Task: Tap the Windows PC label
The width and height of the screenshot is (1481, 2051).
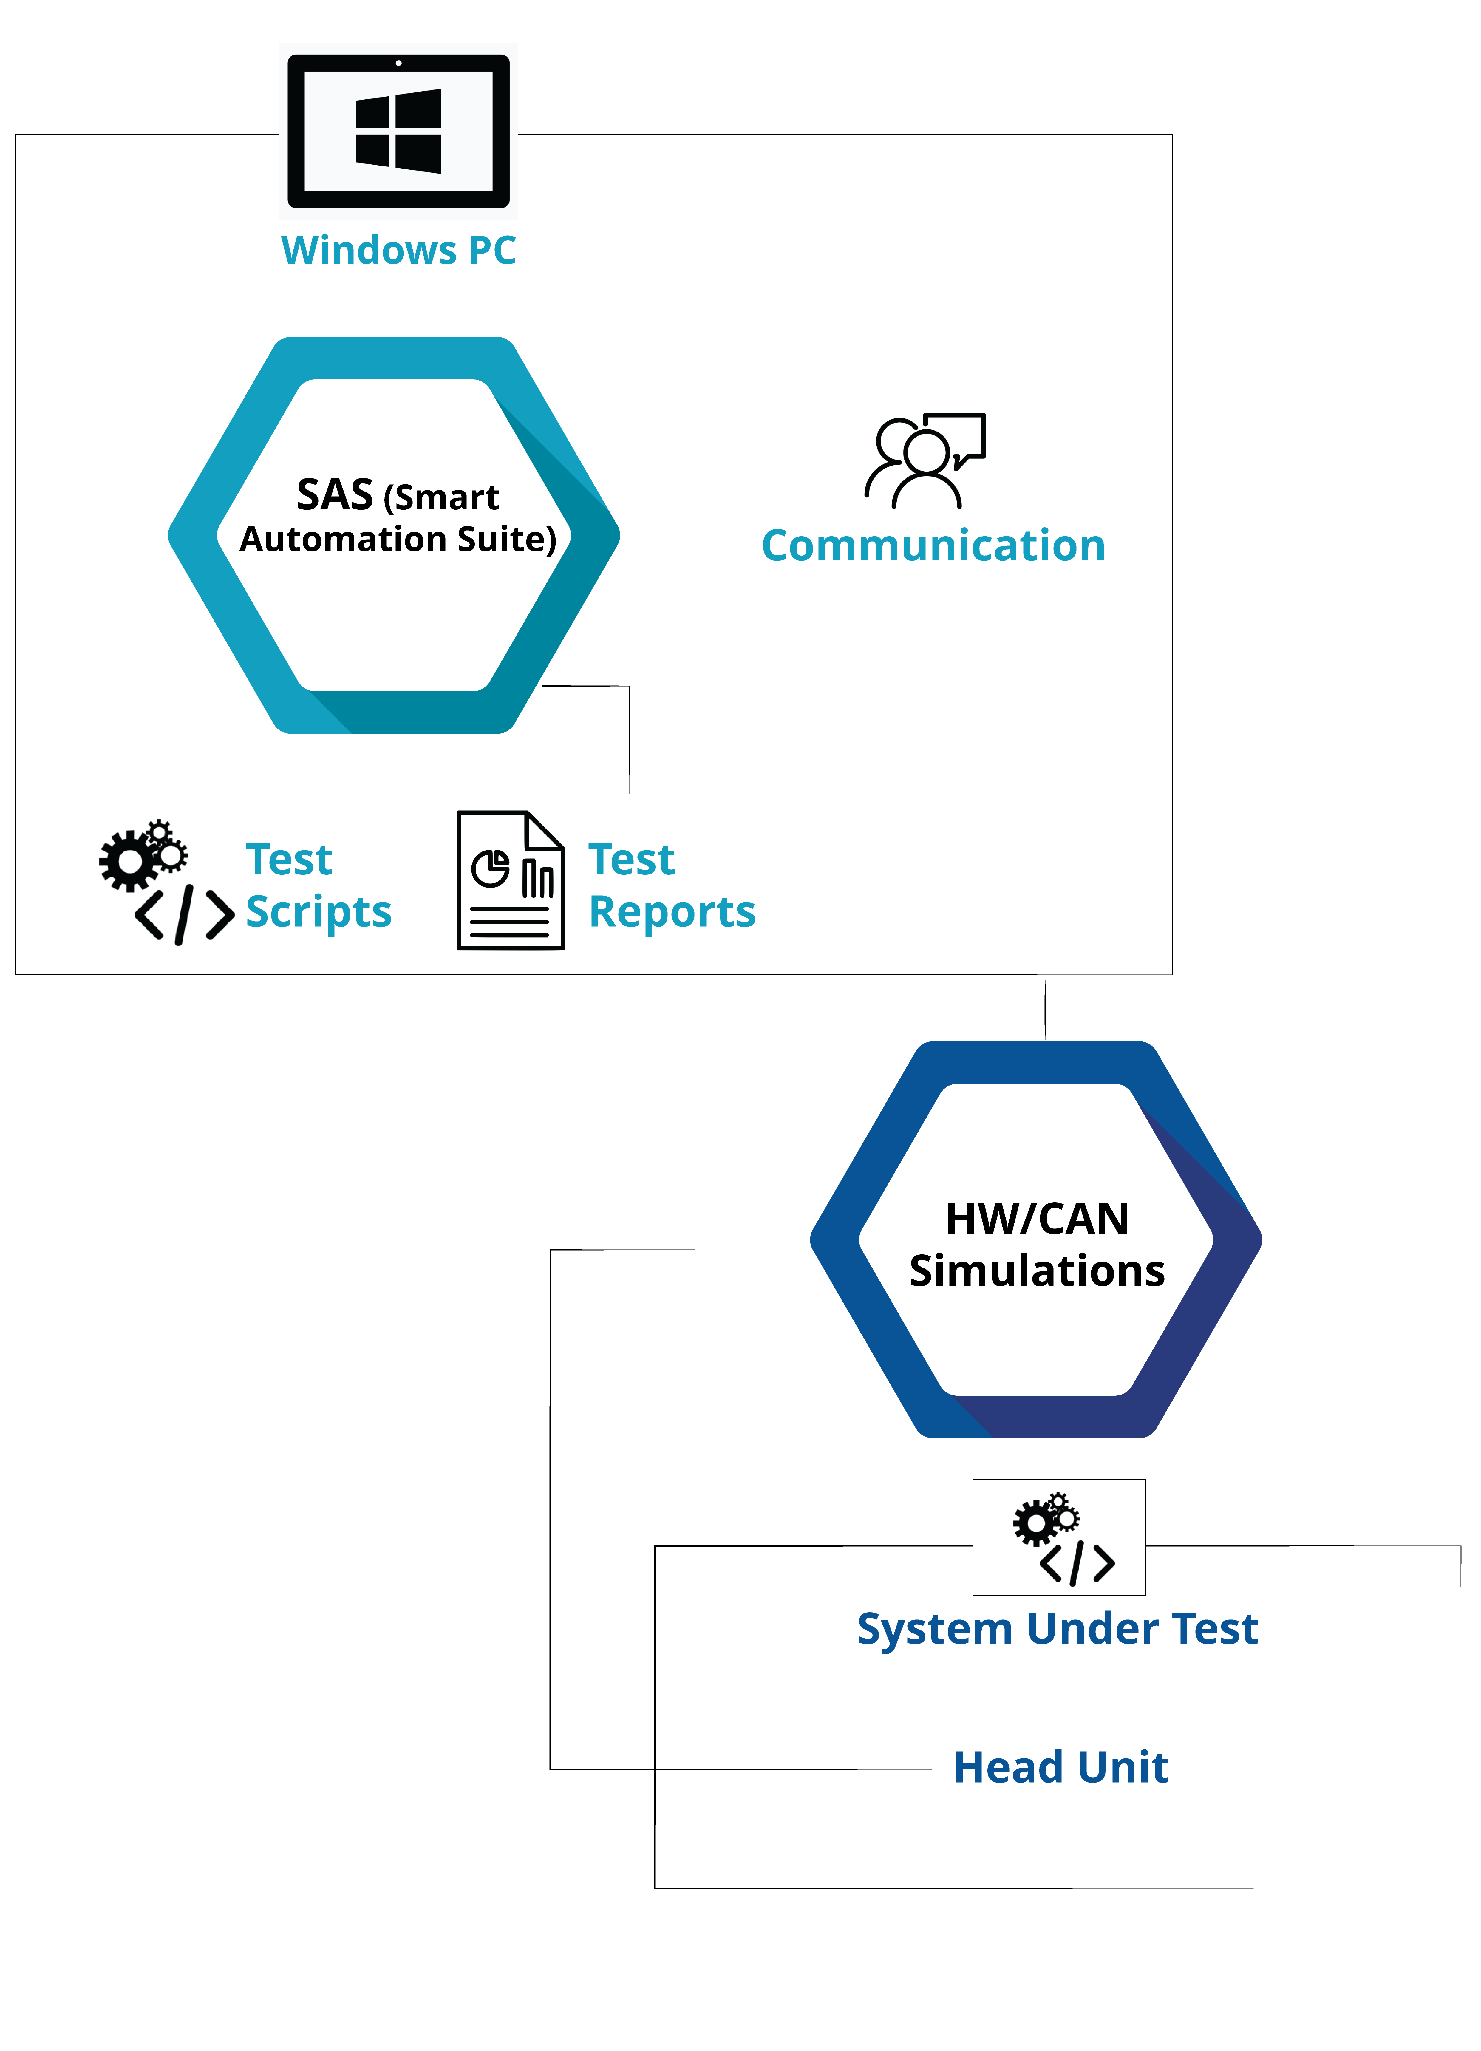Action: pos(399,251)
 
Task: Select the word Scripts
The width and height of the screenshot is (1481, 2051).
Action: pos(318,911)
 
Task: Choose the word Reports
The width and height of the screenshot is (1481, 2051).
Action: pos(672,911)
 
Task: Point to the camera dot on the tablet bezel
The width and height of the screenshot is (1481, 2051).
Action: pos(399,63)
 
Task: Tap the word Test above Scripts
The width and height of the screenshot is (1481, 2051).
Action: pos(289,859)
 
